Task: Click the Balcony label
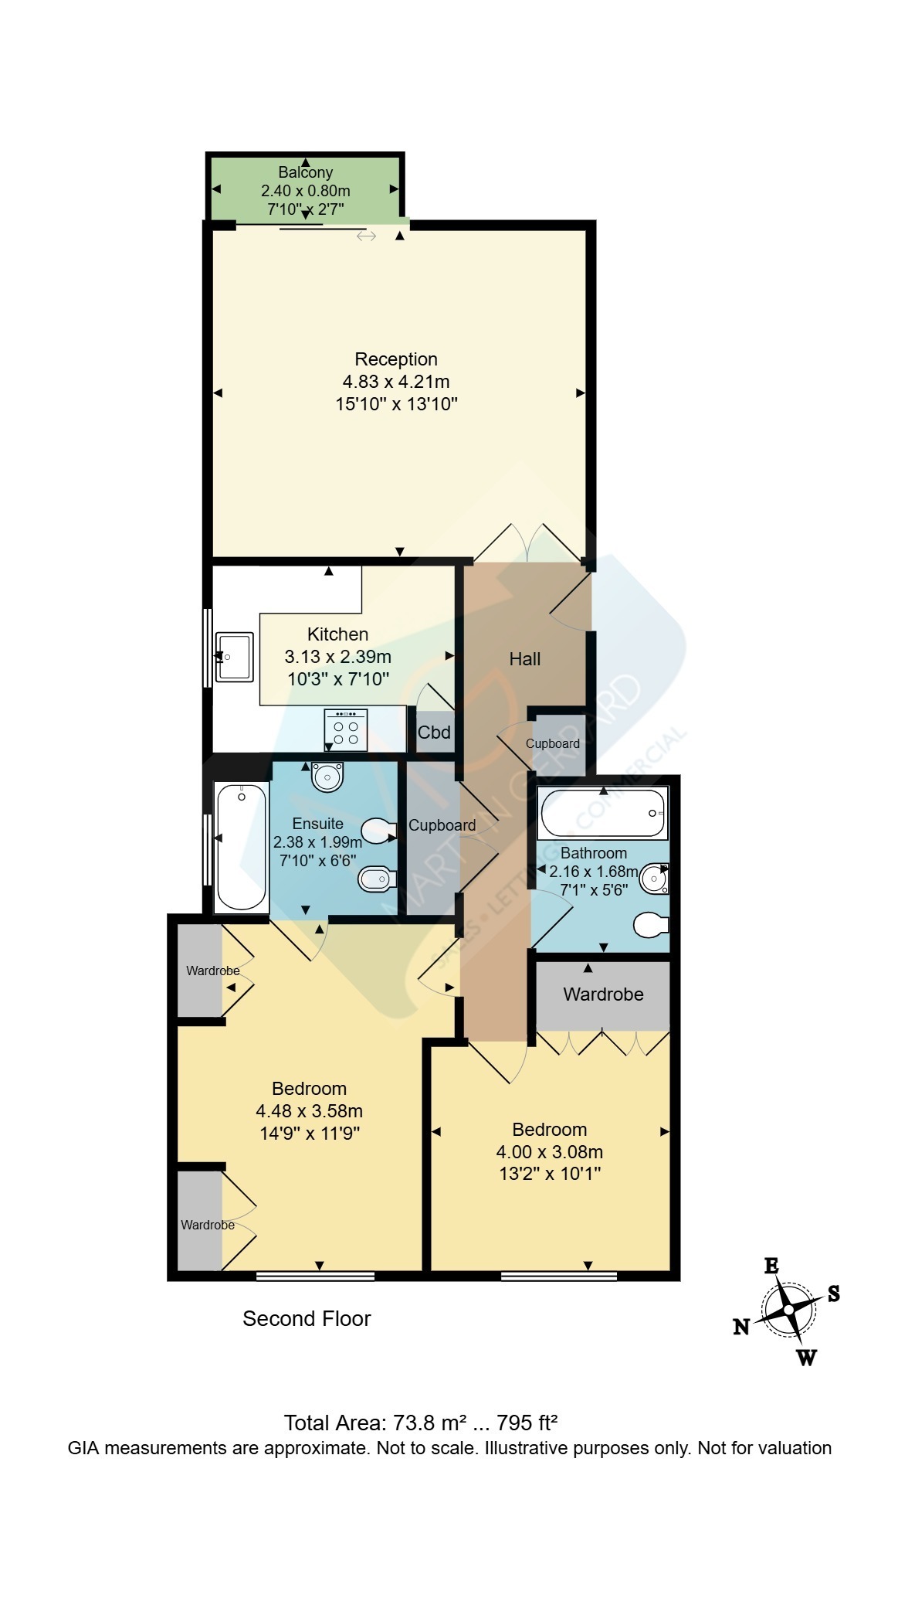(x=306, y=172)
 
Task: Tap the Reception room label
(x=396, y=359)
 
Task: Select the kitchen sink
(x=234, y=657)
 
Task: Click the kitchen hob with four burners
(x=346, y=730)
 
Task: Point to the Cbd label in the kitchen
(x=434, y=732)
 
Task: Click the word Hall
(x=525, y=659)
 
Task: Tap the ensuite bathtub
(x=242, y=847)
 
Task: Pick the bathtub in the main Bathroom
(x=603, y=813)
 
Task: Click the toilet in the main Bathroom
(x=651, y=925)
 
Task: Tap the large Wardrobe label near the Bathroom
(x=603, y=994)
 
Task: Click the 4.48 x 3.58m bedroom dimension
(x=310, y=1111)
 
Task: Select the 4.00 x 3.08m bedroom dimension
(x=550, y=1152)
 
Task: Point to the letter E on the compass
(x=771, y=1266)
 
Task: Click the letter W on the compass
(x=807, y=1358)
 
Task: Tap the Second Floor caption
(x=307, y=1319)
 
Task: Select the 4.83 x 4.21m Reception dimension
(x=396, y=382)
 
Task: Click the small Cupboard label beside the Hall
(x=553, y=743)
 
